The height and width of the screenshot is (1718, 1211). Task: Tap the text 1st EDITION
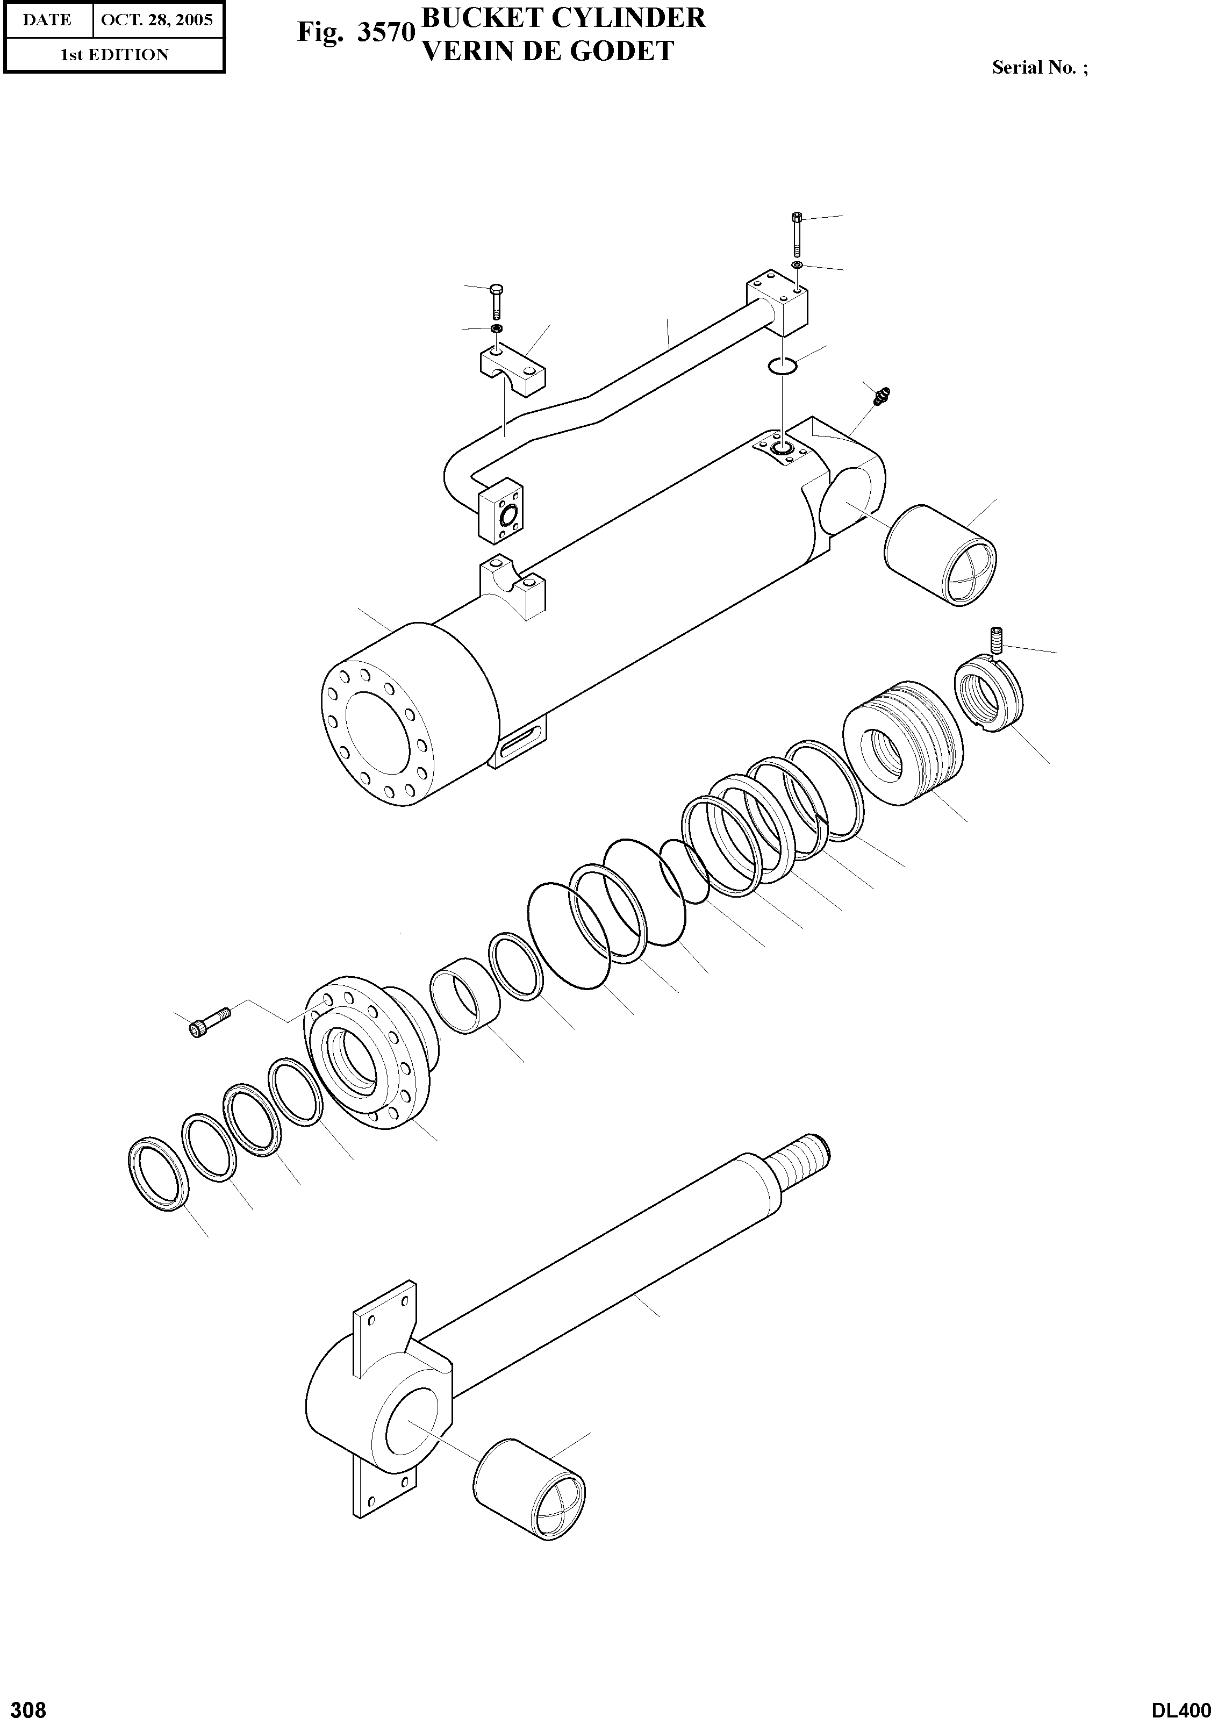click(x=114, y=55)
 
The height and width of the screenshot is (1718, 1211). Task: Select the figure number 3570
click(x=385, y=33)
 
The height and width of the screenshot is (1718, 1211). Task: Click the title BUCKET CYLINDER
click(x=563, y=18)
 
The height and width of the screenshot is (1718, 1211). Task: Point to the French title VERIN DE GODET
click(x=548, y=51)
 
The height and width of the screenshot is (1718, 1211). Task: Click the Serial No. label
click(x=1039, y=67)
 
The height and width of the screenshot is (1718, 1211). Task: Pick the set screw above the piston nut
click(x=995, y=640)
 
